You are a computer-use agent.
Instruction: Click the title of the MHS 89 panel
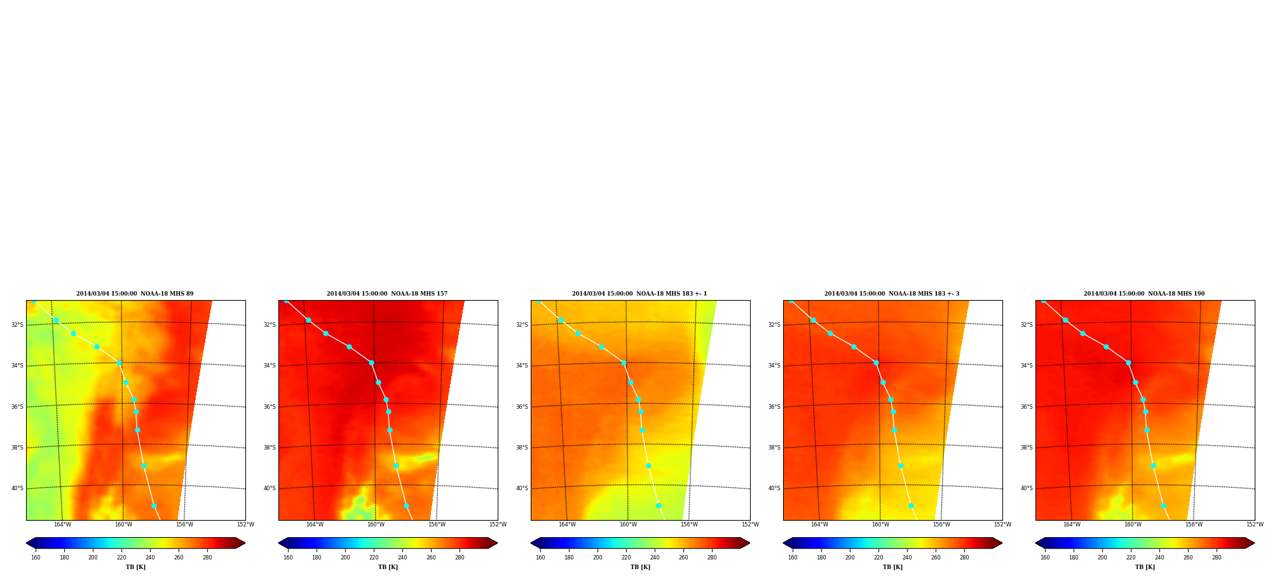coord(135,294)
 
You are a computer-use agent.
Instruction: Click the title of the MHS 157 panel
coord(387,294)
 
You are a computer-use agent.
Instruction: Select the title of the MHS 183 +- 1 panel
coord(639,294)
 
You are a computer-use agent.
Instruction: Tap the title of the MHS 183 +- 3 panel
coord(892,294)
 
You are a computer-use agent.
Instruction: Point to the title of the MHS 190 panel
coord(1144,294)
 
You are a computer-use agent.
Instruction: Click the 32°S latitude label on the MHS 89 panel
coord(17,325)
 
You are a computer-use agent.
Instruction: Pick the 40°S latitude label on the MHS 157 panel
coord(270,488)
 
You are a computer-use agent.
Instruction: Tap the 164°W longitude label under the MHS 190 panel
coord(1072,525)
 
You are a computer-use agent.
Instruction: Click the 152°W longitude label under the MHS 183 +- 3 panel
coord(1002,525)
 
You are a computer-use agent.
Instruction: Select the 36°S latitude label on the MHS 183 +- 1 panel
coord(522,407)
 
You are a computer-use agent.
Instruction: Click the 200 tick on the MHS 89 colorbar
coord(93,558)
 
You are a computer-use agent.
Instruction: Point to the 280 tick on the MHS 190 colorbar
coord(1217,558)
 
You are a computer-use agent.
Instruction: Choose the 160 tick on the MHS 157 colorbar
coord(288,558)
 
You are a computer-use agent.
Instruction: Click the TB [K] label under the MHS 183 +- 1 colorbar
coord(640,567)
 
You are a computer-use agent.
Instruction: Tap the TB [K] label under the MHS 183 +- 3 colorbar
coord(892,567)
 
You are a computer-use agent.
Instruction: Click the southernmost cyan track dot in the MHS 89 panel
coord(154,505)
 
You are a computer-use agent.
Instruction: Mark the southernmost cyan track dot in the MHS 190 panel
coord(1163,505)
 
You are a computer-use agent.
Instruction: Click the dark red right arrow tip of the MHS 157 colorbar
coord(497,543)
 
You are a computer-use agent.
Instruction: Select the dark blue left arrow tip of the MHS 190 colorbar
coord(1036,543)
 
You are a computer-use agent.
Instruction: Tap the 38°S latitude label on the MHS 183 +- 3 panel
coord(774,448)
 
